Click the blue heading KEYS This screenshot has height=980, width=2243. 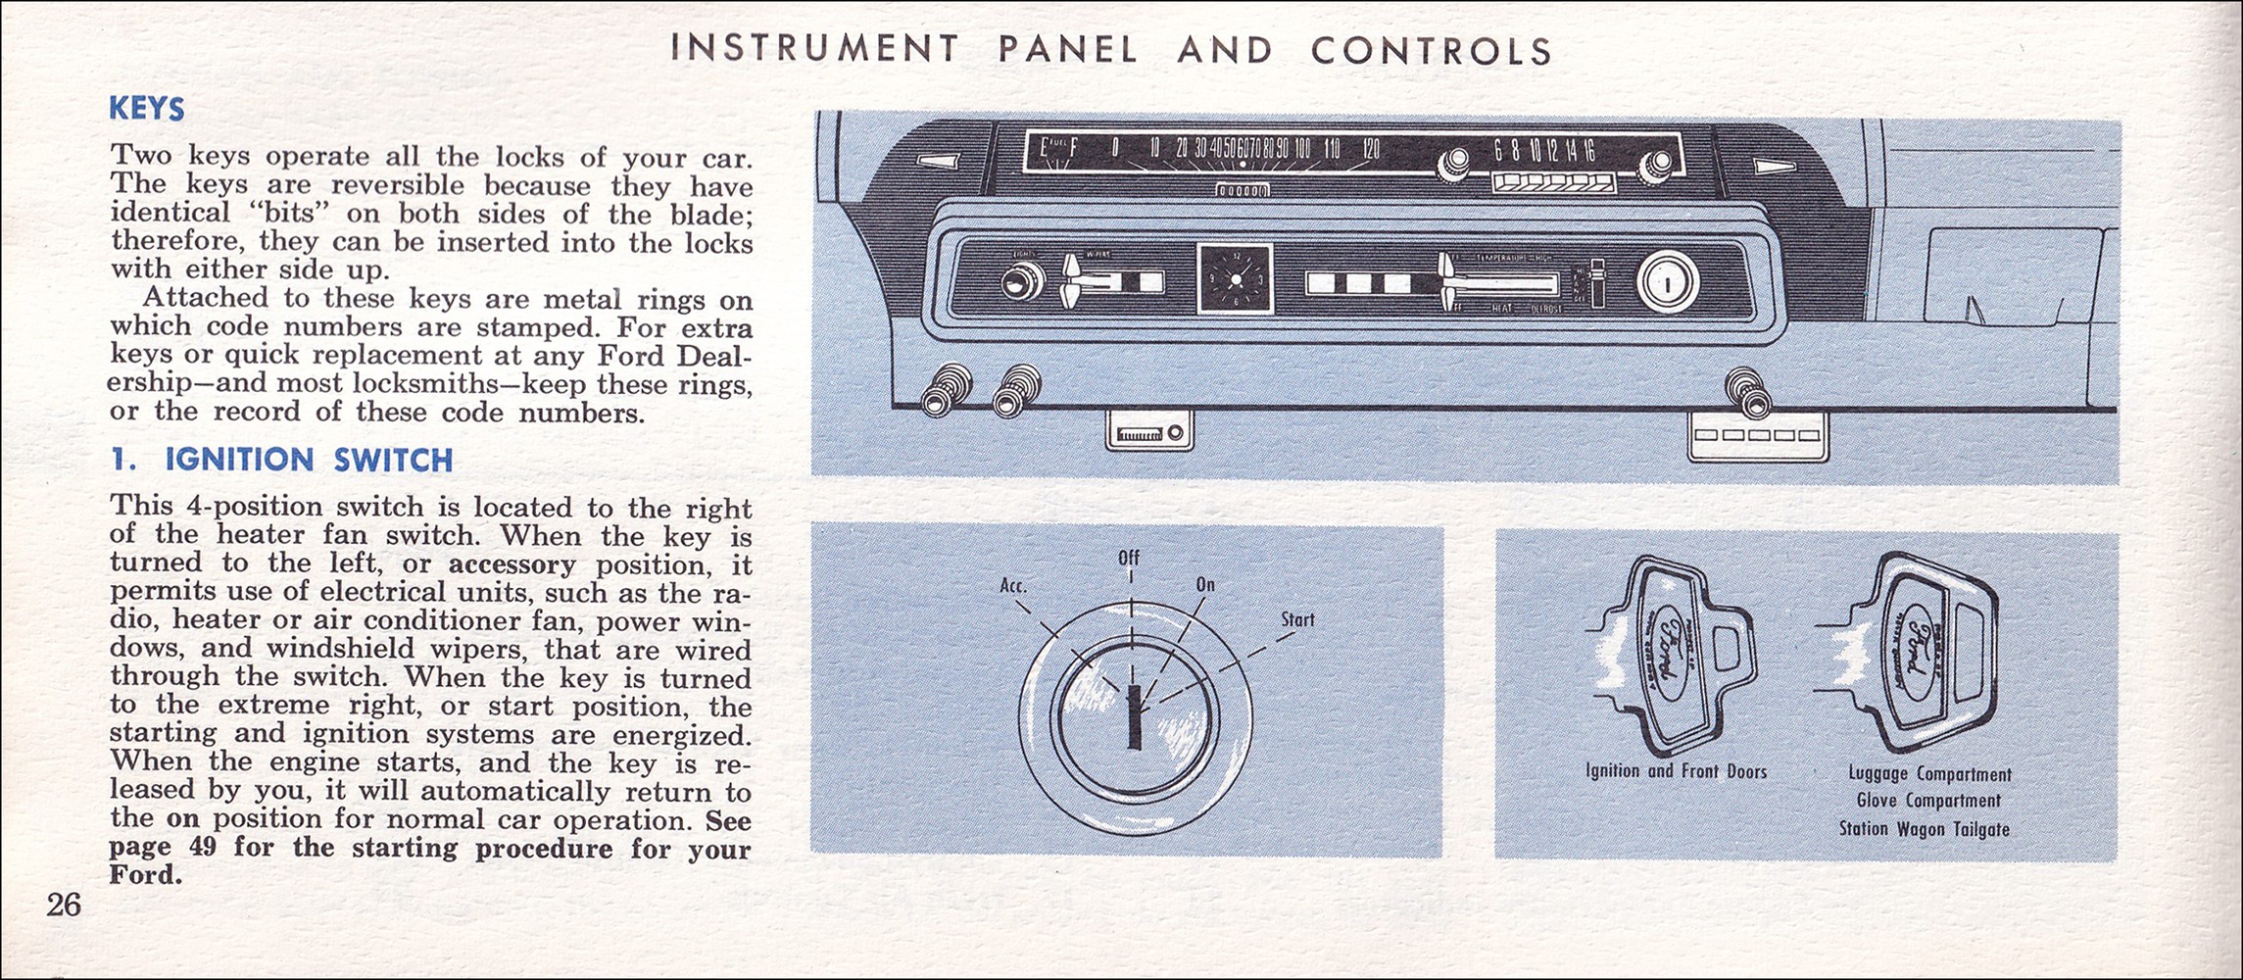147,108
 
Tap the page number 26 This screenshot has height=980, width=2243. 64,905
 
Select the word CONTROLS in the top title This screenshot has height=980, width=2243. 1432,51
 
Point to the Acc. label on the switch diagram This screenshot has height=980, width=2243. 1013,586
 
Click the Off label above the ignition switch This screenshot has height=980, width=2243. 1129,559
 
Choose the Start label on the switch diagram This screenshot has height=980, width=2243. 1297,619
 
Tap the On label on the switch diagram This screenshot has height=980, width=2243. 1205,585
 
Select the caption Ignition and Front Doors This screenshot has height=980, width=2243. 1676,771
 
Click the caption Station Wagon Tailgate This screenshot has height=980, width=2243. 1924,829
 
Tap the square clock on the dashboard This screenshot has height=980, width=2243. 1235,279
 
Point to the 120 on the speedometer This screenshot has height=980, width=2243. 1370,149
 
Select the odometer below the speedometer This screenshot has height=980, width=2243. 1243,189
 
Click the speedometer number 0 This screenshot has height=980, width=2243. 1115,149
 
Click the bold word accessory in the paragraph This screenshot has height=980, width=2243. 512,564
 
